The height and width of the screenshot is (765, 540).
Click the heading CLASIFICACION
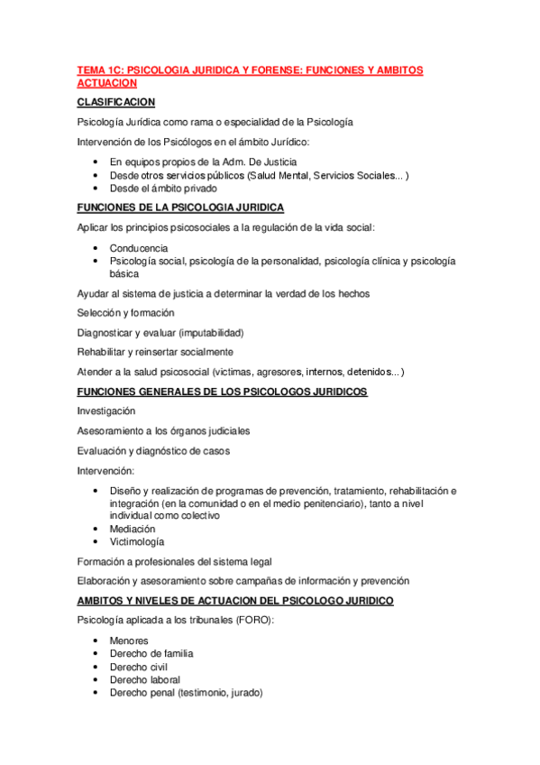pyautogui.click(x=117, y=102)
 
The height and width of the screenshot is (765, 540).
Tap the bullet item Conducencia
pyautogui.click(x=139, y=247)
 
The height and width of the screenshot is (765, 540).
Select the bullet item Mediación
pyautogui.click(x=133, y=529)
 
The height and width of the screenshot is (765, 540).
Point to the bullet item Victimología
pyautogui.click(x=137, y=542)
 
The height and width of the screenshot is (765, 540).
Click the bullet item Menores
pyautogui.click(x=129, y=641)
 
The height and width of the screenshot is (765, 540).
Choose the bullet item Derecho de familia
pyautogui.click(x=151, y=653)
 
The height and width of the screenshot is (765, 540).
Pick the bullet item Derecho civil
pyautogui.click(x=140, y=667)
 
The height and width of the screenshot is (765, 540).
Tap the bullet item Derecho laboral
pyautogui.click(x=145, y=679)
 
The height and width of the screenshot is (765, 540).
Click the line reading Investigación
pyautogui.click(x=107, y=410)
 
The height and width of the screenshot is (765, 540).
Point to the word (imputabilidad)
pyautogui.click(x=211, y=332)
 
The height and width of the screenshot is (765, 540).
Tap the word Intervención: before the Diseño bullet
pyautogui.click(x=106, y=470)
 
